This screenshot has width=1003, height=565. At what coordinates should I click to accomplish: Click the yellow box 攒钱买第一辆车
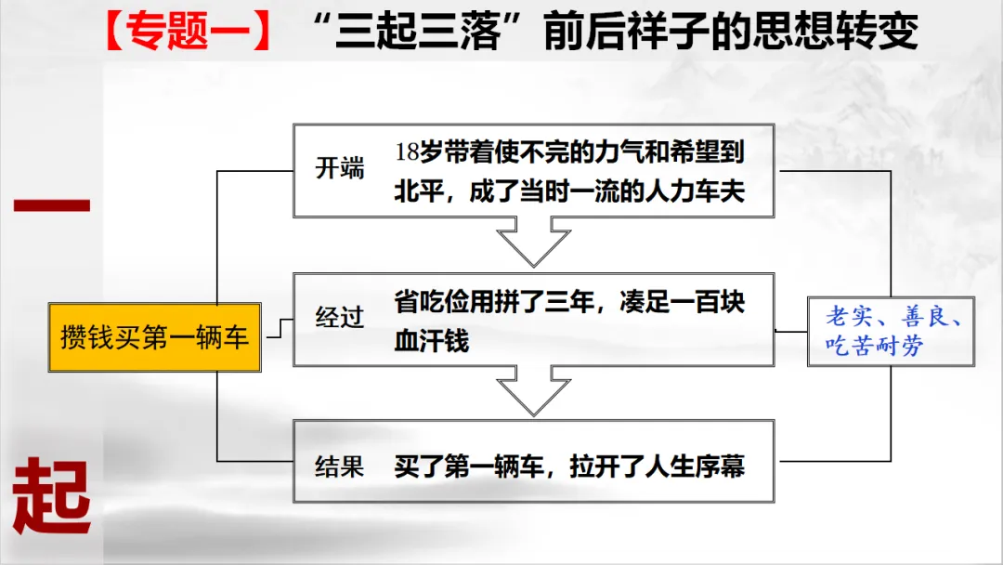point(154,335)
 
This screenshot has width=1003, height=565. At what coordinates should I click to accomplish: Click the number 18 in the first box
point(408,152)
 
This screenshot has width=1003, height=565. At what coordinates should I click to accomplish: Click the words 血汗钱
point(432,340)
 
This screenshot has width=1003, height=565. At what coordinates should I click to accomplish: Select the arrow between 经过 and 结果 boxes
point(533,391)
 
